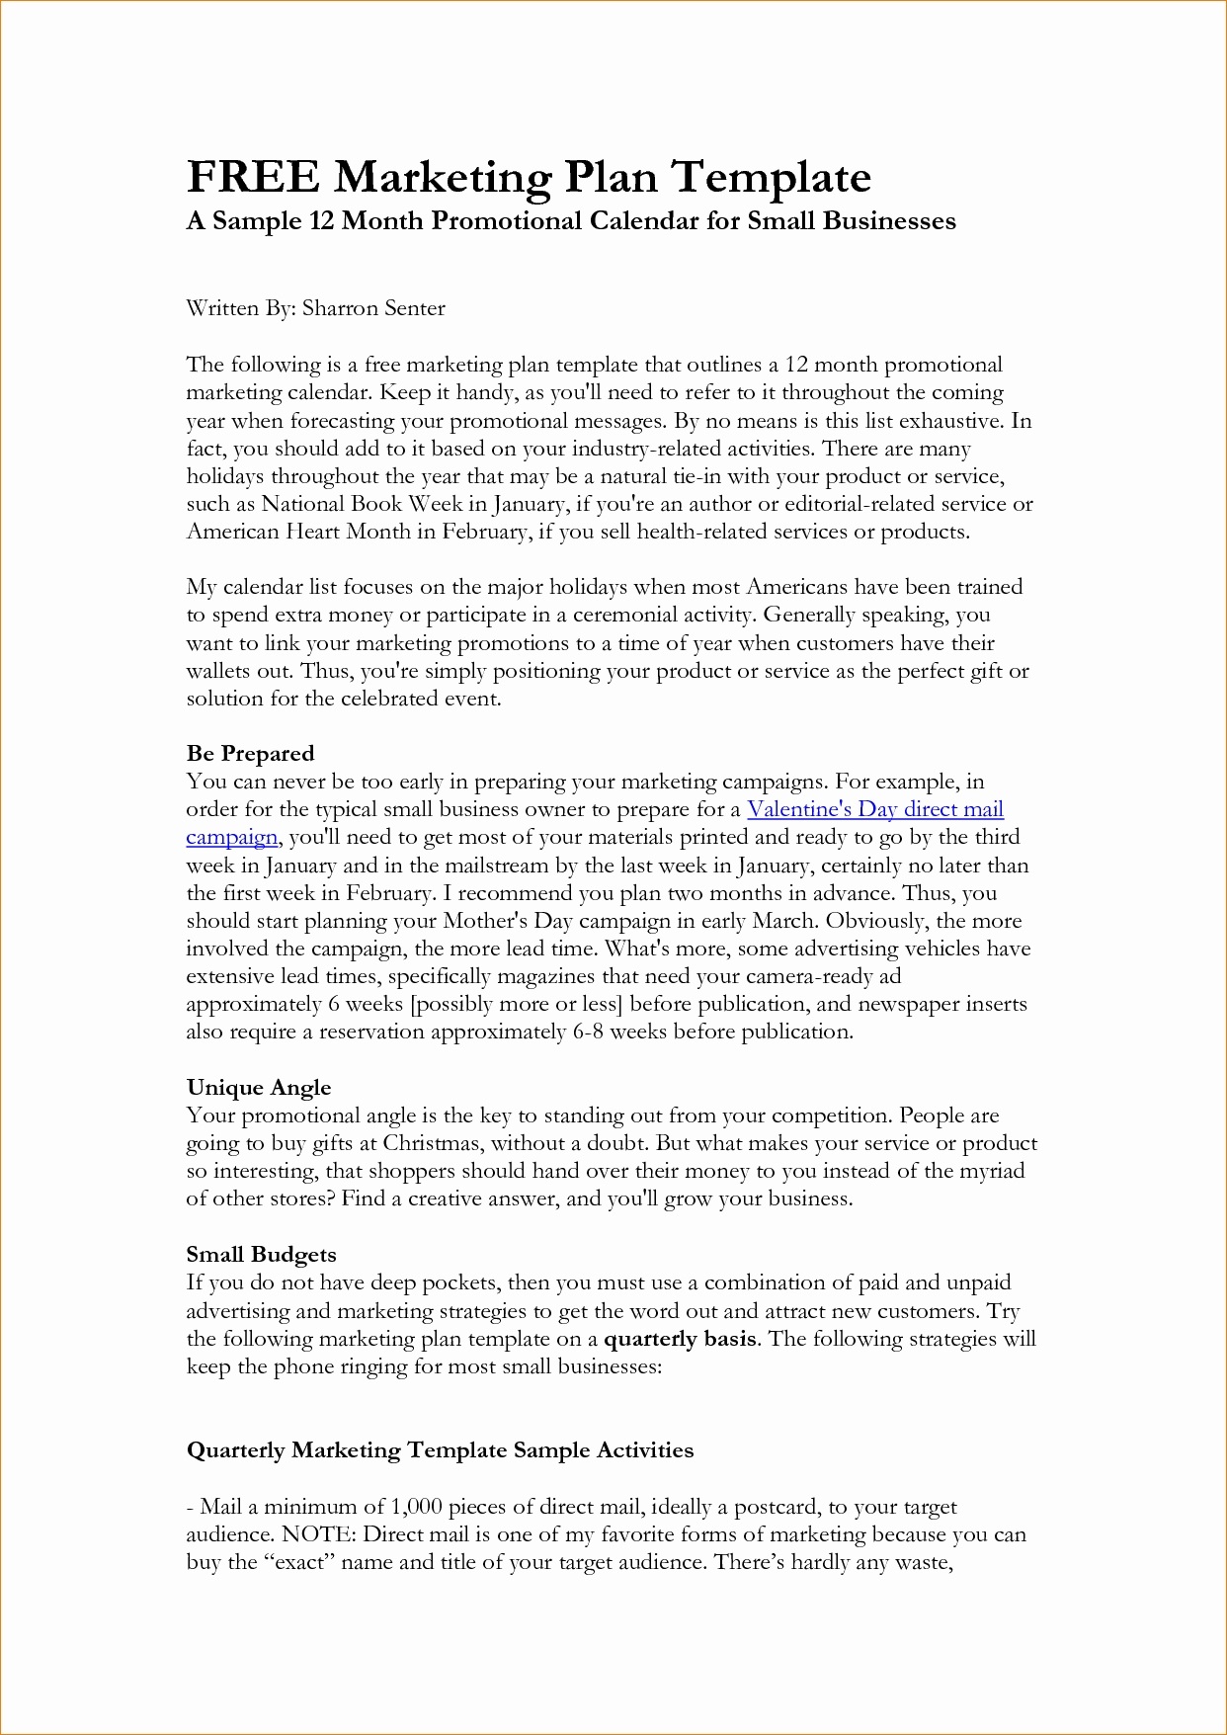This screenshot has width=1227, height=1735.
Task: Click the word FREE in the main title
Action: click(253, 178)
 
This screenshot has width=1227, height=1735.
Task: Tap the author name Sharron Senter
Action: click(373, 308)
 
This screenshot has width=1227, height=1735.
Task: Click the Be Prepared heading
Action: click(250, 754)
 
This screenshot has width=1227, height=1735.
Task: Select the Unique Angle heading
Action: click(259, 1088)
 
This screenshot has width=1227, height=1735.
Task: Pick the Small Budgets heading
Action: click(261, 1255)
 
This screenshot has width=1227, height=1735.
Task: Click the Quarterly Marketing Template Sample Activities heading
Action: click(440, 1450)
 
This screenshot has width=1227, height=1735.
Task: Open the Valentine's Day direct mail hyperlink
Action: click(875, 809)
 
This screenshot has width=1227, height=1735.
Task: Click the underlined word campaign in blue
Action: click(232, 838)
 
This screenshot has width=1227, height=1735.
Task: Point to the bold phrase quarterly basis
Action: click(680, 1339)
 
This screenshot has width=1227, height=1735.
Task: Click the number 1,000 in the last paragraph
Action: click(415, 1507)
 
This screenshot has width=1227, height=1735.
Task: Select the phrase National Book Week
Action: click(362, 504)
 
